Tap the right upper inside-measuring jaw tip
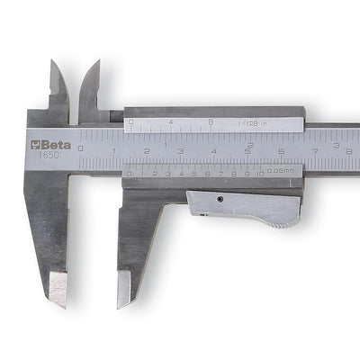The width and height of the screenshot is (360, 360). coord(94,66)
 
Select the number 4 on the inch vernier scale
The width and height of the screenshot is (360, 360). coord(171,121)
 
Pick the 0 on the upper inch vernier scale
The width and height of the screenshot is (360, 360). coord(131,121)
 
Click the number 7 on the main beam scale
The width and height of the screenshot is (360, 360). coord(314,153)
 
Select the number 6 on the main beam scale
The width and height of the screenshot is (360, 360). coord(281,153)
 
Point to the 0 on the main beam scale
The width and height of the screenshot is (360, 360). coord(81,147)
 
